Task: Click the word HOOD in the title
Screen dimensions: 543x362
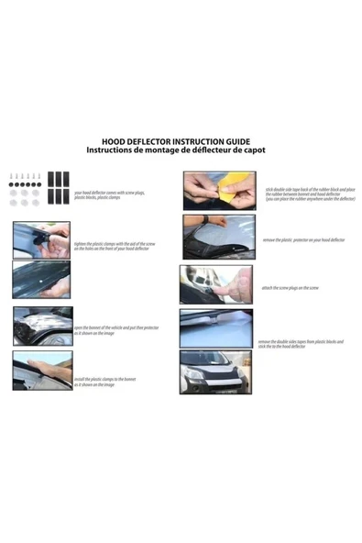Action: coord(114,141)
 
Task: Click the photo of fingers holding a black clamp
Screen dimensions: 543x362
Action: coord(41,239)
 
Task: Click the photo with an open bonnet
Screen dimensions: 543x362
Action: coord(41,326)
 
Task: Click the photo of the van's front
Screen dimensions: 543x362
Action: coord(215,371)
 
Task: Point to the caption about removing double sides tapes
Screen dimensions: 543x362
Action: coord(301,344)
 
